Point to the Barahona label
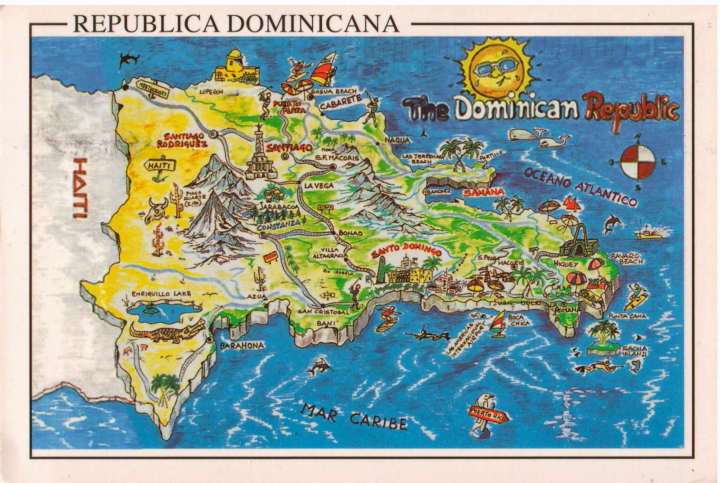[x=241, y=345]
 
